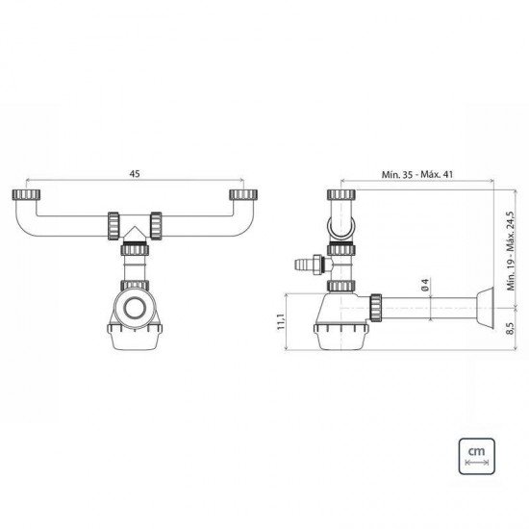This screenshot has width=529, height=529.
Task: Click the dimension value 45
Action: pos(135,174)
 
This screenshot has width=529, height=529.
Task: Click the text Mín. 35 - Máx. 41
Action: pos(417,174)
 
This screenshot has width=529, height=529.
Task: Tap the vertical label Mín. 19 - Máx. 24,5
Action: pos(511,251)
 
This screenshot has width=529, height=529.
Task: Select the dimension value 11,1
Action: pos(281,321)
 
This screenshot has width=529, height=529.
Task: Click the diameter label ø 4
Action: pos(425,285)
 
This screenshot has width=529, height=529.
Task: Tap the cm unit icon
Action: pos(477,456)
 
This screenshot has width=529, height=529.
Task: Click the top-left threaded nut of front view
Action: pos(26,194)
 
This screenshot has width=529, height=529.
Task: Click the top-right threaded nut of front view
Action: pos(243,194)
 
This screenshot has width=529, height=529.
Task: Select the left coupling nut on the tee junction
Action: pos(113,226)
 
